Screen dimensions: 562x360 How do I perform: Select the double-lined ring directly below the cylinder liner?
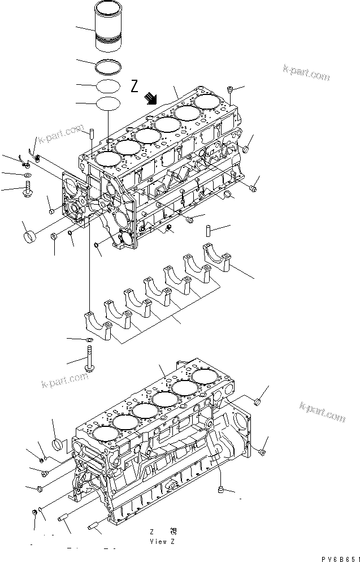pos(107,66)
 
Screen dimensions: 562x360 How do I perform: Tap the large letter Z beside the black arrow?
pos(135,87)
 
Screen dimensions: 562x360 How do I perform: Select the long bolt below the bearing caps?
pos(89,360)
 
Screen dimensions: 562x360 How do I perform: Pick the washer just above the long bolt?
pos(89,340)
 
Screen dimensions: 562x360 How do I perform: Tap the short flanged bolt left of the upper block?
pos(28,191)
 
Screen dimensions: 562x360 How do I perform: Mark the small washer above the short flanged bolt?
pos(27,176)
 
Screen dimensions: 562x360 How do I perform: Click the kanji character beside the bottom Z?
pos(173,531)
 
